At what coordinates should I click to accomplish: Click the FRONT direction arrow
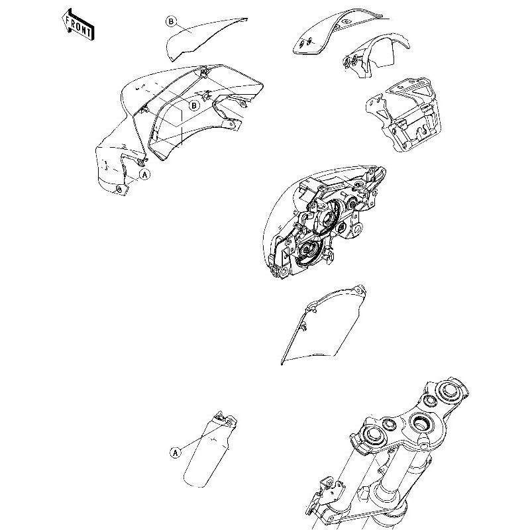pos(78,25)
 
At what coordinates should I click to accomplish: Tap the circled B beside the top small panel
pos(171,22)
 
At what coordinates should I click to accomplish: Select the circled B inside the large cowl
pos(194,105)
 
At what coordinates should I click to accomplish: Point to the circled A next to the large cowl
pos(144,175)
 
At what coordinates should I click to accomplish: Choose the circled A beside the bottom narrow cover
pos(175,452)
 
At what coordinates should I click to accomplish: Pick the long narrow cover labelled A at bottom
pos(209,450)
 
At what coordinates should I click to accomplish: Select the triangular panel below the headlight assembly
pos(323,325)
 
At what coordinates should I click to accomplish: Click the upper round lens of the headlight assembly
pos(327,220)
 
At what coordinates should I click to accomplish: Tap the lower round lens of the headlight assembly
pos(307,250)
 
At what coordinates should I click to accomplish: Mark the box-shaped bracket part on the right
pos(403,114)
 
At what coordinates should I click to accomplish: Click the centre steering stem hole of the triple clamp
pos(421,421)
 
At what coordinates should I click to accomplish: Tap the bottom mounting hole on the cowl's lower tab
pos(119,189)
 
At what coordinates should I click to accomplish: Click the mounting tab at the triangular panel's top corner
pos(359,290)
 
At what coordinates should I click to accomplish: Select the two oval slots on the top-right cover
pos(305,43)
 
